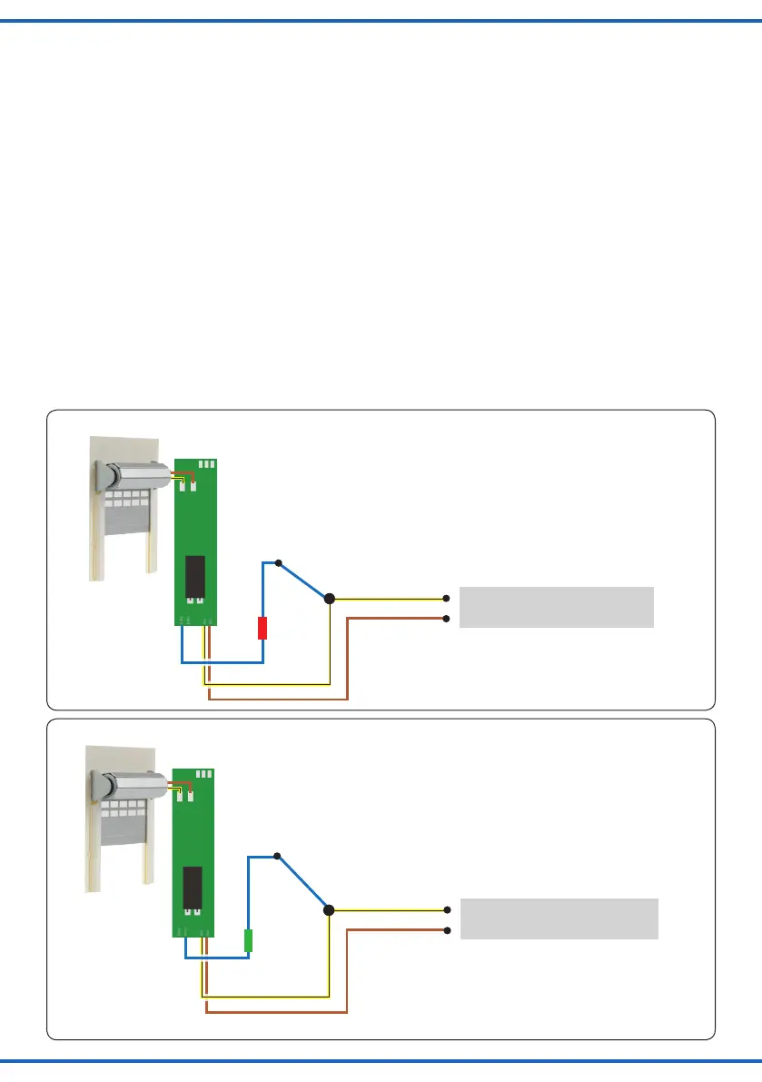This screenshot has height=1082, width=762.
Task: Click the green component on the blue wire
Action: pos(248,939)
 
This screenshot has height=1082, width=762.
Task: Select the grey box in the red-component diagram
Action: pos(556,607)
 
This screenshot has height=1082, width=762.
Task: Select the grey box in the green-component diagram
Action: pos(559,918)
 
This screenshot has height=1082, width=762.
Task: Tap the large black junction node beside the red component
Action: pos(330,599)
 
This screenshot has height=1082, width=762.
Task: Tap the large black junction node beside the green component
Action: pos(329,909)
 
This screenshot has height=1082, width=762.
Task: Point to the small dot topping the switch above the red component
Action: pos(279,562)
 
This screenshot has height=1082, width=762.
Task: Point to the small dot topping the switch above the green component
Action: pos(278,855)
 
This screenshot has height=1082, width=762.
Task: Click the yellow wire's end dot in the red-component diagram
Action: pos(447,599)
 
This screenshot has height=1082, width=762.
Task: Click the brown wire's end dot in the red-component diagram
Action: pos(447,619)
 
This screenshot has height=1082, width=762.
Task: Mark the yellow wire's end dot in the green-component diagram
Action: pos(447,909)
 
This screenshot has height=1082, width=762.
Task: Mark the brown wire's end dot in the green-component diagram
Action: pos(447,929)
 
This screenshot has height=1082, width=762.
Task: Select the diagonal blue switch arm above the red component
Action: pos(304,581)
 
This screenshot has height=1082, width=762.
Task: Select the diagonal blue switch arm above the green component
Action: pos(303,882)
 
